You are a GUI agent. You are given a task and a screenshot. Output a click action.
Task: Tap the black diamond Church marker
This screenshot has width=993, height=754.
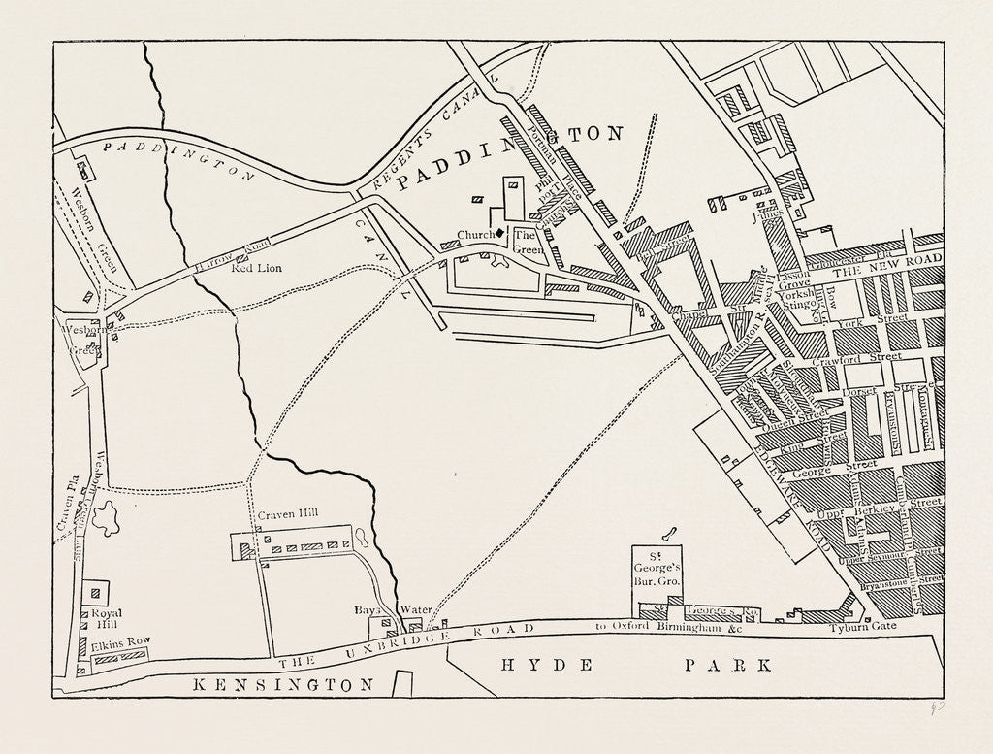point(499,233)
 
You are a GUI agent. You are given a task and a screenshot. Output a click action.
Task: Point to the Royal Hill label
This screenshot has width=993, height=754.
point(105,620)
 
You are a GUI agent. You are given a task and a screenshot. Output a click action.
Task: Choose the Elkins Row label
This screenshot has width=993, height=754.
point(114,642)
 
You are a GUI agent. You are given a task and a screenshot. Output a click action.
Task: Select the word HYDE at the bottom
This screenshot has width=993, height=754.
point(530,666)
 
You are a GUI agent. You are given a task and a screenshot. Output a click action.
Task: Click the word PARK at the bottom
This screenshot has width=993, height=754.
point(728,666)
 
